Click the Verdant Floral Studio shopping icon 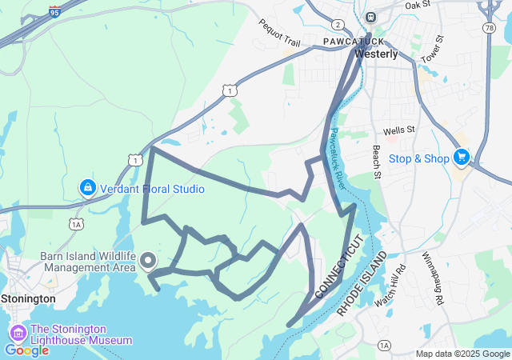(88, 188)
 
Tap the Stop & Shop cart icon (461, 158)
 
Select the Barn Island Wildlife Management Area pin (148, 260)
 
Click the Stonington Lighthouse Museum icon (18, 333)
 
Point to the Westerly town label (376, 54)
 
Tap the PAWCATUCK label (353, 40)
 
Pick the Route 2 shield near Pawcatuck (338, 25)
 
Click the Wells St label (398, 130)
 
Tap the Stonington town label (28, 298)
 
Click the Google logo (26, 350)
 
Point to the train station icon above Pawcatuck (370, 17)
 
